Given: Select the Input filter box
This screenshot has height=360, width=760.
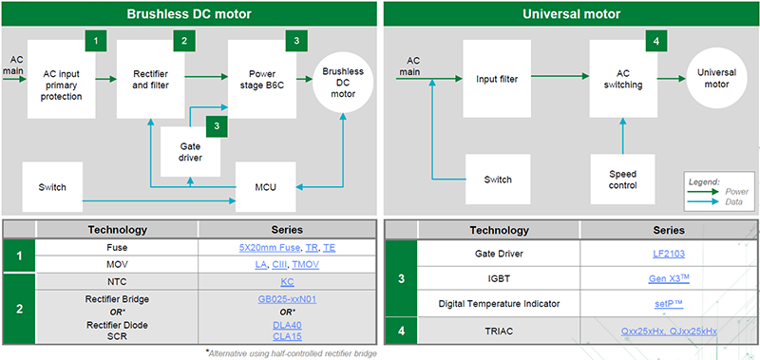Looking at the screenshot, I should (x=497, y=79).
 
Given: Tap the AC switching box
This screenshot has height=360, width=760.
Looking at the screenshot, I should (x=622, y=79).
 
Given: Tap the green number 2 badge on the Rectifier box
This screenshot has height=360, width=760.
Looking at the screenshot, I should (x=183, y=41).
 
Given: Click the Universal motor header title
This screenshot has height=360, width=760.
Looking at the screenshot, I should (x=570, y=13).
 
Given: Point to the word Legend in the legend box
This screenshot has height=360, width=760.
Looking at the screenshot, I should (x=705, y=180).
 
